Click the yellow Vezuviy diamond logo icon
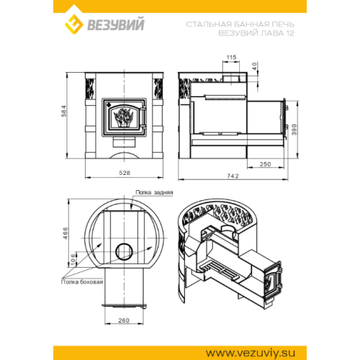click(74, 24)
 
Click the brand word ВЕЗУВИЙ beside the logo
click(116, 24)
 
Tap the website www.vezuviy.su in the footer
click(251, 353)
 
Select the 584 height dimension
click(64, 111)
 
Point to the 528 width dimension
click(125, 173)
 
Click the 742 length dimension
click(233, 176)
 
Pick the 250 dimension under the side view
click(265, 164)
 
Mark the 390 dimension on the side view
click(294, 130)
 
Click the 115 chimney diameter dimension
click(231, 57)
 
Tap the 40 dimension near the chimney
click(255, 66)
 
